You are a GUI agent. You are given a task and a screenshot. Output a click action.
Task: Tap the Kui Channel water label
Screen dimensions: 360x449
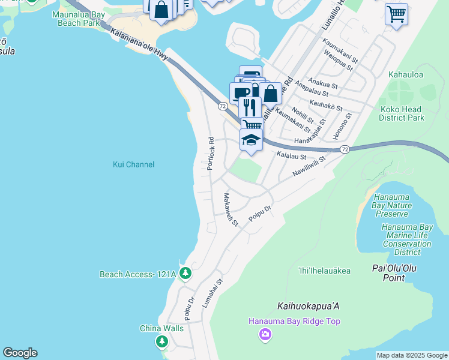click(134, 164)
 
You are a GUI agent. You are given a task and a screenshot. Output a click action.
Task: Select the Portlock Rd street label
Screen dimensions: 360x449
click(211, 154)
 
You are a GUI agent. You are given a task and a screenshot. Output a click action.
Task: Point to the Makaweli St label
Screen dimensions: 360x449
click(231, 209)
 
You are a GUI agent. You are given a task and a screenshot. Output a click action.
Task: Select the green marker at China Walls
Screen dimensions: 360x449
click(161, 341)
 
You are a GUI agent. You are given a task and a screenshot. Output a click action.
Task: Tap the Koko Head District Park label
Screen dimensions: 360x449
click(402, 113)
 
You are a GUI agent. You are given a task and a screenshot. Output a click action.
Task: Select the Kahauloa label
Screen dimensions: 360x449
click(406, 75)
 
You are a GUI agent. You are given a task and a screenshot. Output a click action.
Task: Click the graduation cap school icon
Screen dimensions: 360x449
click(251, 141)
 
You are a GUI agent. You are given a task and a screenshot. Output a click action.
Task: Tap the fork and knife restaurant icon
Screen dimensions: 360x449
click(250, 107)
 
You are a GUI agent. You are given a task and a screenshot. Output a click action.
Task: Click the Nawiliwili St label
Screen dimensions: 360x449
click(309, 166)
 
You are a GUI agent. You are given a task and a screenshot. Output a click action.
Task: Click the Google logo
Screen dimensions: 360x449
click(20, 353)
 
